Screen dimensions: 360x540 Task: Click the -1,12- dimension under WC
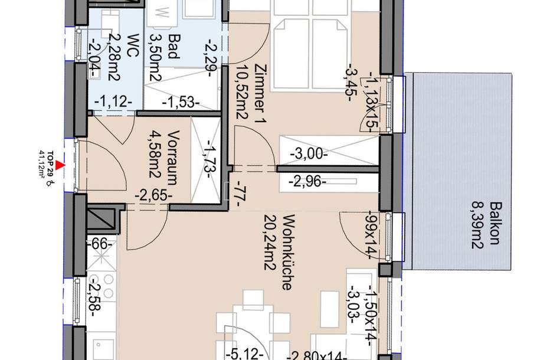(x=112, y=101)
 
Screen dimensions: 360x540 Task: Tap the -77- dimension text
(x=238, y=195)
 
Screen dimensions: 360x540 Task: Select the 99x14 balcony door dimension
(x=371, y=234)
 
